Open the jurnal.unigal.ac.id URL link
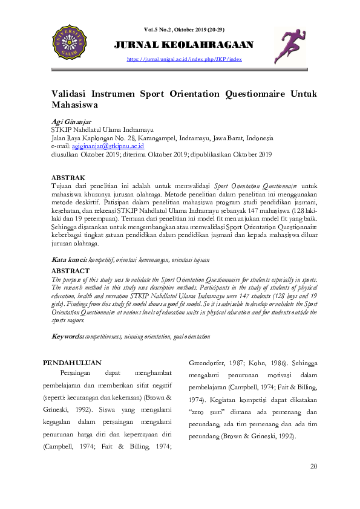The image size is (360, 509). (x=184, y=59)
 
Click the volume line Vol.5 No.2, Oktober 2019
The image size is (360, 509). (x=184, y=30)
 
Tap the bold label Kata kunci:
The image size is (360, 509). (x=70, y=259)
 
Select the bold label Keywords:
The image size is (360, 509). (x=68, y=336)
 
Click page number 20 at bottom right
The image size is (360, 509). (x=313, y=466)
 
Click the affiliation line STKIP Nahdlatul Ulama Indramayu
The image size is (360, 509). (x=102, y=130)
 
